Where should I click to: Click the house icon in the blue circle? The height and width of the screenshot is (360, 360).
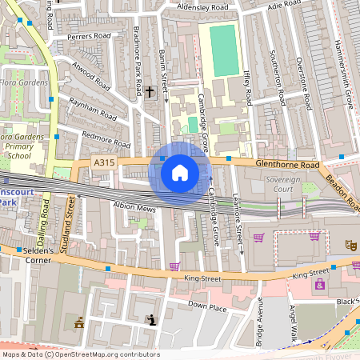(180, 172)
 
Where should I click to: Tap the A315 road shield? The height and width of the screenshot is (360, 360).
(103, 162)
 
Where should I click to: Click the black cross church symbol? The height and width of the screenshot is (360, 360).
(150, 93)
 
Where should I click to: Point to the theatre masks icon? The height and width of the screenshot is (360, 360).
(349, 243)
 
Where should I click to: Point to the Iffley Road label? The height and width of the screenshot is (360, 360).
(247, 87)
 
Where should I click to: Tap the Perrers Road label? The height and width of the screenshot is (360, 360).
(89, 37)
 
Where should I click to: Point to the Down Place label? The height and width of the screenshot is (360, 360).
(206, 306)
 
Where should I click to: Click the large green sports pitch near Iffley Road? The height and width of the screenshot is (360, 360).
(223, 50)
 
